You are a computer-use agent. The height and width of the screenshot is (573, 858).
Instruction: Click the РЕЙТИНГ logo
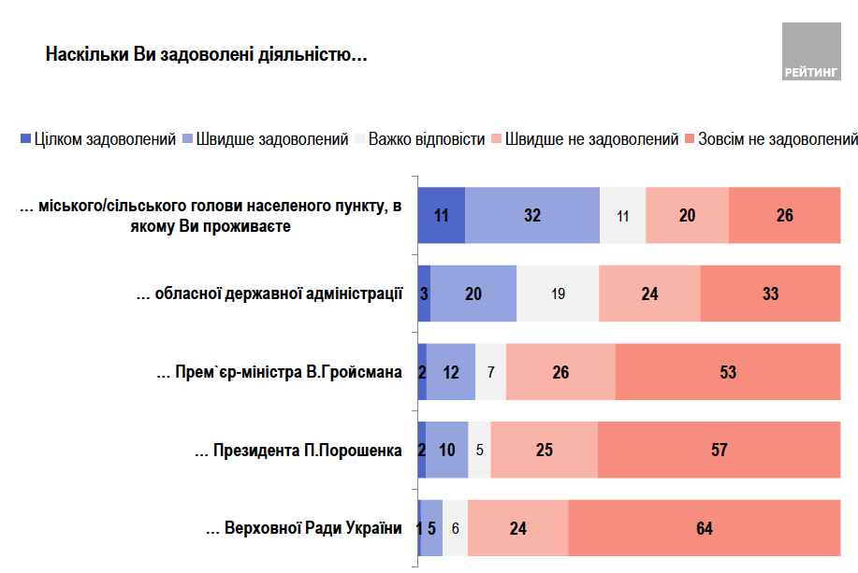(811, 52)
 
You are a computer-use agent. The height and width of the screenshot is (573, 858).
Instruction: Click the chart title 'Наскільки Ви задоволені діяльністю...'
(206, 55)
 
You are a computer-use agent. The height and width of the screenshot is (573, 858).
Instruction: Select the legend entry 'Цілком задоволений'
(98, 139)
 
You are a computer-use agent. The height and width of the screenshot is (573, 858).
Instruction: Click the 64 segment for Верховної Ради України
(704, 528)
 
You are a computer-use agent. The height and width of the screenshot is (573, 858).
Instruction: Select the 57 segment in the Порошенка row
(719, 450)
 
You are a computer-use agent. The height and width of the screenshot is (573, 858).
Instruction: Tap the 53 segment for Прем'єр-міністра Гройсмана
(727, 372)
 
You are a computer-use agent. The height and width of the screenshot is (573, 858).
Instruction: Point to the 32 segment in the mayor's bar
(532, 215)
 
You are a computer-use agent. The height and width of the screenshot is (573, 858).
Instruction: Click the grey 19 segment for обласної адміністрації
(558, 294)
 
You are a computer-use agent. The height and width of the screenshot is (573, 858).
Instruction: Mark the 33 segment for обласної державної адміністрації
(770, 294)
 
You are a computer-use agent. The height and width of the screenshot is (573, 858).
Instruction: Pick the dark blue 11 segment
(442, 215)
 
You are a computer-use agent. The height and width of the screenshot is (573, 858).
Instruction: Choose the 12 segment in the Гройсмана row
(451, 372)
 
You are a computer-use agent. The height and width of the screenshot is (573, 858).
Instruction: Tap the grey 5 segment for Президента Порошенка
(479, 450)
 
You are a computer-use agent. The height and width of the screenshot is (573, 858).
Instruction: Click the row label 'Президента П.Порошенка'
(298, 451)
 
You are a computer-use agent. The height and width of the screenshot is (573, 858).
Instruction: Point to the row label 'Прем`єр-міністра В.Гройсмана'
(280, 372)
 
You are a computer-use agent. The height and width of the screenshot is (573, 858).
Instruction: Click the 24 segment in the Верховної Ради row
(518, 528)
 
